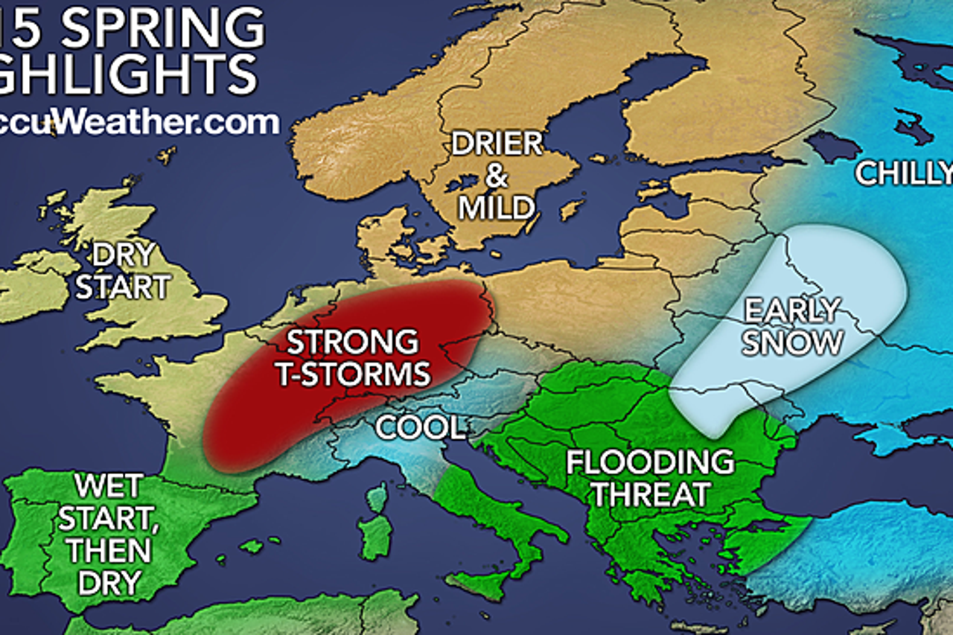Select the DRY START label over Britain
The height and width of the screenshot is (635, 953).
click(x=123, y=272)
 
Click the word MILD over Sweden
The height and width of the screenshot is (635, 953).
click(x=497, y=208)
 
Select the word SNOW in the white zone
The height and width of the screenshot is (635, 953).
click(x=794, y=342)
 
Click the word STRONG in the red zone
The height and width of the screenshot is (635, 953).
click(x=353, y=342)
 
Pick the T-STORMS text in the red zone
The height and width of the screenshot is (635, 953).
click(x=353, y=374)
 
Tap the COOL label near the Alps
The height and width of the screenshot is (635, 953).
click(x=420, y=427)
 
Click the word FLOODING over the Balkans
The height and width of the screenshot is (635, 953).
click(x=650, y=462)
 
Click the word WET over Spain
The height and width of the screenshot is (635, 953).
click(x=108, y=487)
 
